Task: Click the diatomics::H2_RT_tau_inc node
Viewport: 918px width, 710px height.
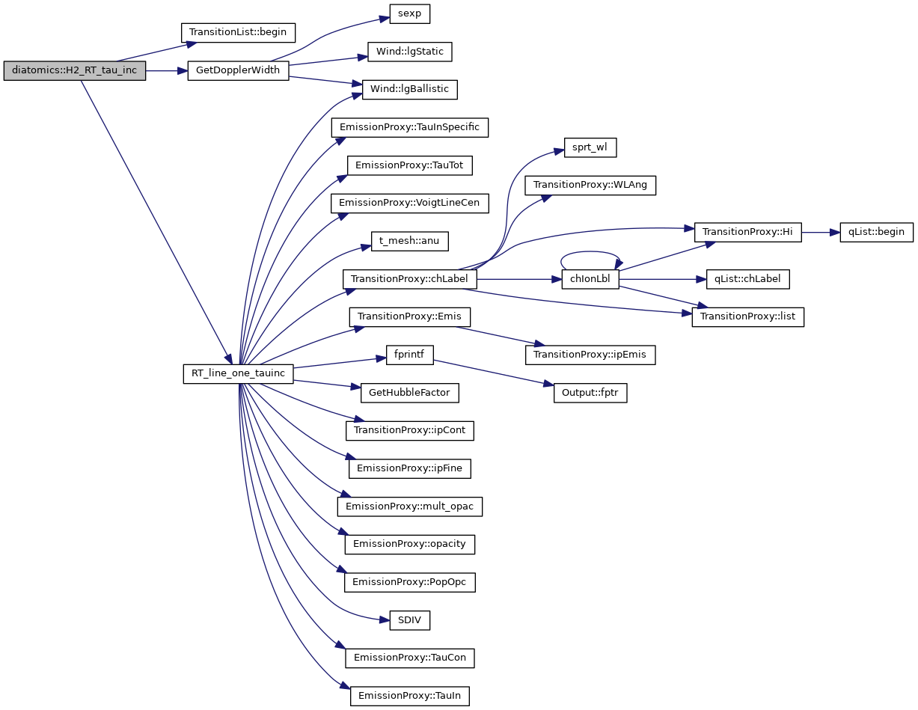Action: tap(74, 72)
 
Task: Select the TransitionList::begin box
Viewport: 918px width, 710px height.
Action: tap(239, 33)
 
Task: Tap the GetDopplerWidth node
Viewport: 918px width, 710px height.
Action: tap(237, 71)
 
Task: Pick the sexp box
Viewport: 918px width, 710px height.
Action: tap(409, 14)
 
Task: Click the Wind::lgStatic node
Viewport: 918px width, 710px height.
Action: tap(409, 52)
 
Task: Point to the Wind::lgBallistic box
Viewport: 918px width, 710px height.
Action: tap(409, 89)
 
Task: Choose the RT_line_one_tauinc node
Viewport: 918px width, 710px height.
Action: tap(238, 374)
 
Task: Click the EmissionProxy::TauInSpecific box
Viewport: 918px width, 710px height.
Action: tap(409, 127)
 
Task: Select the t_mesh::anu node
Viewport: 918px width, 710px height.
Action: tap(409, 241)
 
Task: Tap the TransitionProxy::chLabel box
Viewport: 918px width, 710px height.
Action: tap(409, 279)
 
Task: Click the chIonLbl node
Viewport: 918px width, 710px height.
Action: tap(590, 279)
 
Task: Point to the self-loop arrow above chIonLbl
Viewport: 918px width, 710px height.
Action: tap(590, 254)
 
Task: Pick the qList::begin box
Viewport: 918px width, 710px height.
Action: tap(876, 232)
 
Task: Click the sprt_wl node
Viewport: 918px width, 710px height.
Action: tap(590, 147)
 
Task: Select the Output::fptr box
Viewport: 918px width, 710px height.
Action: tap(590, 393)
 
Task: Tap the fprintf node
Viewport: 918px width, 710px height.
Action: tap(409, 355)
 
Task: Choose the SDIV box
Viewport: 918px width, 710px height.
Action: tap(409, 619)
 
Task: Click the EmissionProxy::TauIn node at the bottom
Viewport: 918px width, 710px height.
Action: tap(409, 696)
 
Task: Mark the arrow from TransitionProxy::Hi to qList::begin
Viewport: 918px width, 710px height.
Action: tap(820, 233)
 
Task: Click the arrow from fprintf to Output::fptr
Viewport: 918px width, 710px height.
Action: tap(494, 373)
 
